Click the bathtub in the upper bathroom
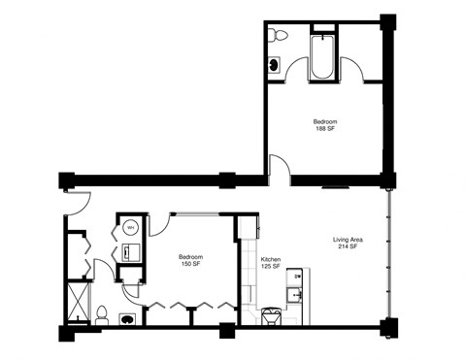pyautogui.click(x=321, y=57)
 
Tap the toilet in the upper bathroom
pyautogui.click(x=278, y=35)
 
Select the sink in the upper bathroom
pyautogui.click(x=276, y=65)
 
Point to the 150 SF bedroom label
pyautogui.click(x=190, y=260)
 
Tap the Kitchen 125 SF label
pyautogui.click(x=273, y=262)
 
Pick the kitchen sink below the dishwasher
pyautogui.click(x=297, y=293)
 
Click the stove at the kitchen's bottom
pyautogui.click(x=274, y=315)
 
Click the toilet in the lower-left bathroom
pyautogui.click(x=102, y=314)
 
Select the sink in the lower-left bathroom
pyautogui.click(x=127, y=316)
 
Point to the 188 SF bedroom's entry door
pyautogui.click(x=280, y=171)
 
